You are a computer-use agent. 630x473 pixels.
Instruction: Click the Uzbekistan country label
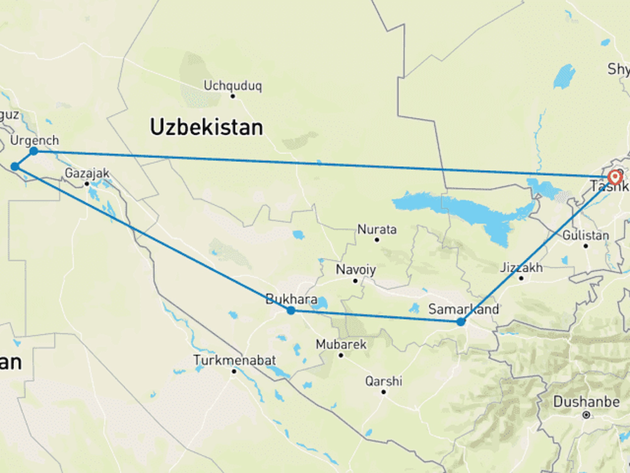206,127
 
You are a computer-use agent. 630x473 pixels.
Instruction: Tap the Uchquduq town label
232,86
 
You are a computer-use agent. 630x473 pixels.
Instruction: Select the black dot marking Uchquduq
233,96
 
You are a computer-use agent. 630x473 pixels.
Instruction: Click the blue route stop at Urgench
34,151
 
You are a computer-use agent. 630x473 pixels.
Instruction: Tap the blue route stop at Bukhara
291,311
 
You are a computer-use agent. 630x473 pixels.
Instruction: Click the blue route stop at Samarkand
461,322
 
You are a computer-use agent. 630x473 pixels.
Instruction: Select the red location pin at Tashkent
615,177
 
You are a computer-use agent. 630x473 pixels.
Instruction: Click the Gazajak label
87,173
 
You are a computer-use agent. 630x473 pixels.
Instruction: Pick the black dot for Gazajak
87,184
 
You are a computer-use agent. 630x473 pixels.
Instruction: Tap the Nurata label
377,230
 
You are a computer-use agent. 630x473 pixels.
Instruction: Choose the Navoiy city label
356,270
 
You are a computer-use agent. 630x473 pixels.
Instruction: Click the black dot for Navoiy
355,281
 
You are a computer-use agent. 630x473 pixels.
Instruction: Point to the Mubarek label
341,344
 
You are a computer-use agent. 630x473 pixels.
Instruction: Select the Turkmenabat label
235,360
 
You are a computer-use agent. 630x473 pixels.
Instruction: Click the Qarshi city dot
383,392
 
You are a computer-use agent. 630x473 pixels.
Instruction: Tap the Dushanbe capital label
586,402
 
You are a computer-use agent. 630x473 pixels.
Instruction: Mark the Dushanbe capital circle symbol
586,415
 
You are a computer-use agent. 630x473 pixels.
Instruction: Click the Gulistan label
586,236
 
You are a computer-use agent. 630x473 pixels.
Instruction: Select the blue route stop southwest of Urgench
15,166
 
